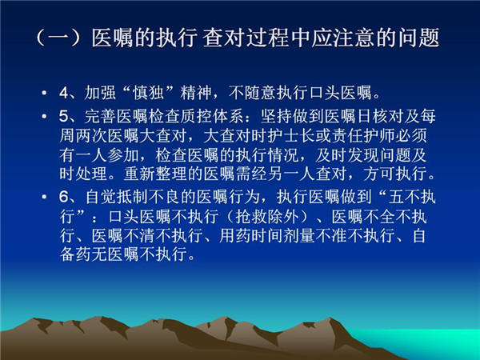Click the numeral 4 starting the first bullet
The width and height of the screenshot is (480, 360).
(x=64, y=93)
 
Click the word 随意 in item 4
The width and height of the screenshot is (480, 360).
(x=260, y=93)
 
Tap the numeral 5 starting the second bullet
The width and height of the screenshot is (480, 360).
(x=64, y=116)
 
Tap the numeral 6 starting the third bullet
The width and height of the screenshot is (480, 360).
(x=64, y=197)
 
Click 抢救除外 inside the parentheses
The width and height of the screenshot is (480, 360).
(x=267, y=216)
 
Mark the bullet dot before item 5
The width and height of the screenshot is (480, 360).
(x=45, y=116)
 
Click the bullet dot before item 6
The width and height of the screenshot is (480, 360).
(x=45, y=197)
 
